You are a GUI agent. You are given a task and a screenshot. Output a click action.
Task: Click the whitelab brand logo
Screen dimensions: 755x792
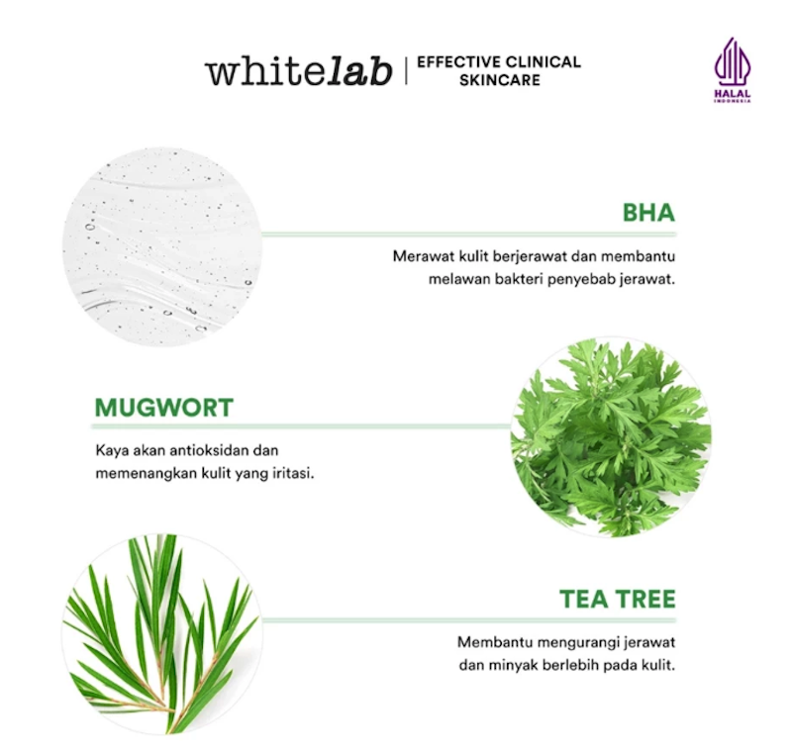pos(298,71)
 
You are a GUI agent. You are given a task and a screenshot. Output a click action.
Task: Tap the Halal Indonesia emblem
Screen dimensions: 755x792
pos(733,69)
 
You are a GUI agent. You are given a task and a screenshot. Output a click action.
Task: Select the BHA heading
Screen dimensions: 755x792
pos(648,213)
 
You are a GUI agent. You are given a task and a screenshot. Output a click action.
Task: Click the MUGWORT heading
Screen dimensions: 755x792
pos(164,408)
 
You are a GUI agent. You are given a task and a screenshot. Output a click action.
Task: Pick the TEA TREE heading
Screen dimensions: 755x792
pos(617,600)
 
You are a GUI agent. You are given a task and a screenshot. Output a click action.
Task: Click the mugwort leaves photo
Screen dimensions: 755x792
pos(610,436)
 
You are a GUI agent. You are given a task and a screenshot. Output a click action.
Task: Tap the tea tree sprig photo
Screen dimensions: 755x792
pos(162,633)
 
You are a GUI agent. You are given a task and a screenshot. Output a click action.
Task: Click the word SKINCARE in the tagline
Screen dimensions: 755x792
pos(500,80)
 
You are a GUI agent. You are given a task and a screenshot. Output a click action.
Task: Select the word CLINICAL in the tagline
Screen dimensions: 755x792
pos(544,62)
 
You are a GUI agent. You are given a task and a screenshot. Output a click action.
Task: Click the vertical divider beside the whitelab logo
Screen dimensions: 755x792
pos(405,71)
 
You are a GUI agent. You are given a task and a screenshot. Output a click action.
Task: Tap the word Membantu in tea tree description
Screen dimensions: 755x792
pos(491,641)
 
